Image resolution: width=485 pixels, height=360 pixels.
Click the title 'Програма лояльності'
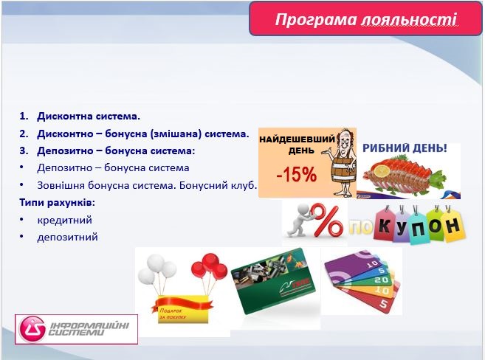pyautogui.click(x=365, y=19)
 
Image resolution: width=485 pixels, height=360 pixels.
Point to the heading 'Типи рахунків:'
pyautogui.click(x=58, y=202)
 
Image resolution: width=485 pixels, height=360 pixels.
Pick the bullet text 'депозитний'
pyautogui.click(x=67, y=238)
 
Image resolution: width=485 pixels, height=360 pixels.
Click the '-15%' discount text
pyautogui.click(x=295, y=176)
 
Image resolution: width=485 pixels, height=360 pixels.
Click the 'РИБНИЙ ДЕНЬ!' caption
pyautogui.click(x=405, y=149)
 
